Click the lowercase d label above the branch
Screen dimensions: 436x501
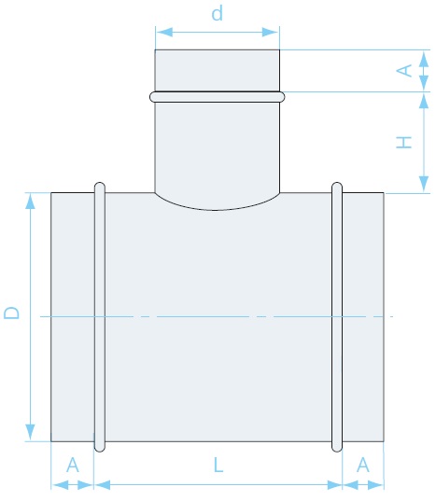217,14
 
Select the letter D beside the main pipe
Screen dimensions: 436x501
11,313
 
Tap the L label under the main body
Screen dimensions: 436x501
218,465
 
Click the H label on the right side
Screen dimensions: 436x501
403,142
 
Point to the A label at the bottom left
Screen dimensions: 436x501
73,465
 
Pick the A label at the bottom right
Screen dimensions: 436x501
363,465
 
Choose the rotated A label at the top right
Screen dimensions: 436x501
403,70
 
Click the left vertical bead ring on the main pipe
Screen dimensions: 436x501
100,317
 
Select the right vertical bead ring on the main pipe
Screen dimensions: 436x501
337,317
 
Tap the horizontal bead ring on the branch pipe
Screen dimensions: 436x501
217,97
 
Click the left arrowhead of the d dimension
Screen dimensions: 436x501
164,32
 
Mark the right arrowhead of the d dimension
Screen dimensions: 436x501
270,32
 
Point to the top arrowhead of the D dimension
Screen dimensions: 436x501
30,202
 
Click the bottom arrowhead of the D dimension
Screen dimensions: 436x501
30,432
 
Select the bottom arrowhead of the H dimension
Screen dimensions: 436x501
424,184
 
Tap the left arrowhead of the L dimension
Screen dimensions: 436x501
103,485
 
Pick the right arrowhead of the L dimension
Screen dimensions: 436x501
334,485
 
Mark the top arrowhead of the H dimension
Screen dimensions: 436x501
424,101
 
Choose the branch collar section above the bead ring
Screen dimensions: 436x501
217,70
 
